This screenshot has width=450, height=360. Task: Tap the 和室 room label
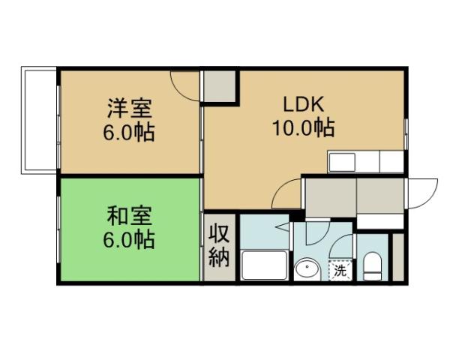click(x=130, y=217)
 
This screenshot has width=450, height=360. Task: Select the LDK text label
click(x=303, y=103)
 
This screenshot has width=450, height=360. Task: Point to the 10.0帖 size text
click(x=303, y=127)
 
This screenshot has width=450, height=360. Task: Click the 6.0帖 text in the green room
click(x=130, y=241)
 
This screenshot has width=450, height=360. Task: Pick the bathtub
click(x=263, y=266)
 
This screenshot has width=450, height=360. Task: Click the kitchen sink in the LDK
click(x=342, y=162)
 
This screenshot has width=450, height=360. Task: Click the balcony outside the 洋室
click(x=40, y=120)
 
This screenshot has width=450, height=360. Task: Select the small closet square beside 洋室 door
click(x=220, y=87)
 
